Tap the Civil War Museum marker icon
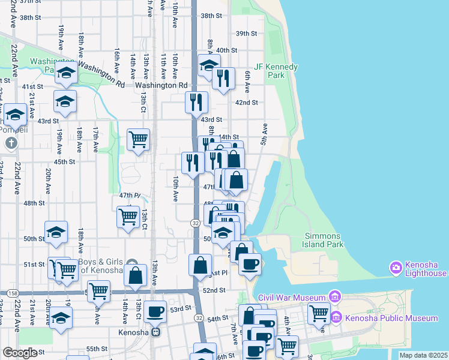pos(335,297)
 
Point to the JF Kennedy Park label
pos(277,71)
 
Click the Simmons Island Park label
pos(324,240)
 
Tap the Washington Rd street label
pos(161,86)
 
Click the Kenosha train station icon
pos(156,331)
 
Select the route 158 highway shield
pos(13,292)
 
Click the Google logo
pos(20,352)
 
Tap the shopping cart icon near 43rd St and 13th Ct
pos(139,139)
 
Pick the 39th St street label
pos(246,34)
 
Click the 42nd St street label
pos(246,103)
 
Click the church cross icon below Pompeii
pos(11,143)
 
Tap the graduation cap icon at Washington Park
pos(66,74)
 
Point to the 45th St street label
pos(64,161)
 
